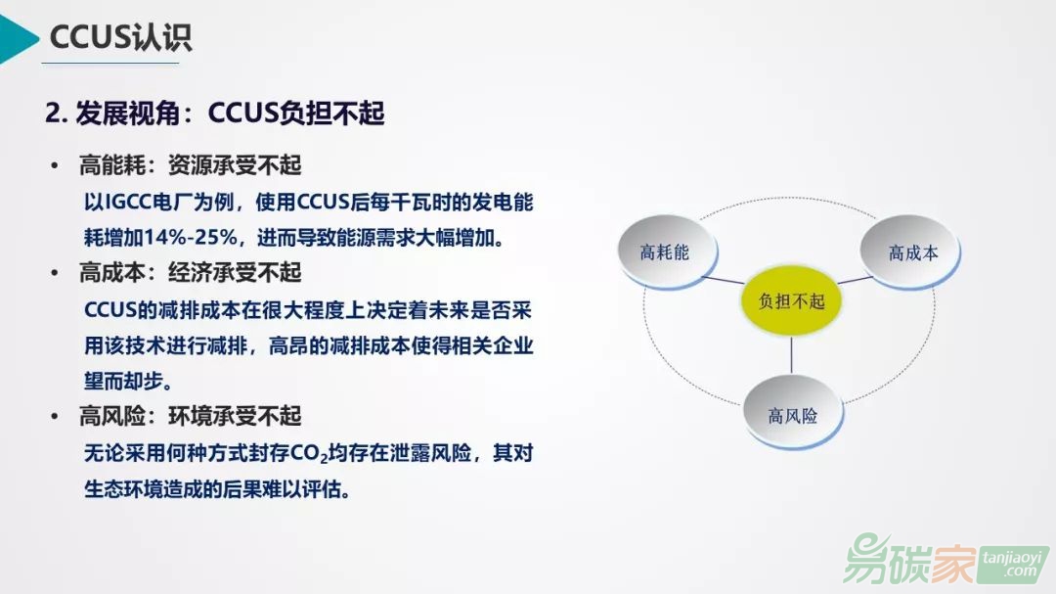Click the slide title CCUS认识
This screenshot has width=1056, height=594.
120,36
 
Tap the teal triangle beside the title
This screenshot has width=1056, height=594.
18,39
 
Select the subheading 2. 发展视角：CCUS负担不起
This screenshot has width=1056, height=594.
215,113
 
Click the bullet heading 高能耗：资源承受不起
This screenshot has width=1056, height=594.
190,164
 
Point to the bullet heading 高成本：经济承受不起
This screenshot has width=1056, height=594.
190,272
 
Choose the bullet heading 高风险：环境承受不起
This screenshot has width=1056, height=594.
190,415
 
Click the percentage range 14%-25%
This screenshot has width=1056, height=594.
191,238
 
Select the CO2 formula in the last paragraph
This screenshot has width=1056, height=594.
308,453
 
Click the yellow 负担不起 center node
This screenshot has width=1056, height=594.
791,300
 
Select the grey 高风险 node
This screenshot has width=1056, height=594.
793,413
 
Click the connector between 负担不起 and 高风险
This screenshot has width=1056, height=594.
791,355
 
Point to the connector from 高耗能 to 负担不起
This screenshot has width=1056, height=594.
723,280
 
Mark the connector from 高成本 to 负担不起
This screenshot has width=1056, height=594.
855,279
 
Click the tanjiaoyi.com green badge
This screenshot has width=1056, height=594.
1013,565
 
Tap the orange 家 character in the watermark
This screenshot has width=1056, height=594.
951,561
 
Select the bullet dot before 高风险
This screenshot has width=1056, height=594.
55,416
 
